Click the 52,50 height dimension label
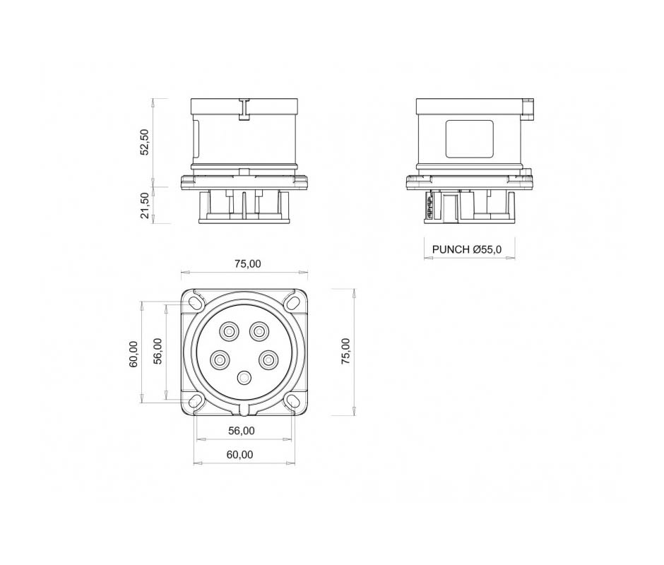144,142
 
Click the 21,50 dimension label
144,206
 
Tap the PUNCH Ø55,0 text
467,249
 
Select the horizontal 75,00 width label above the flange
248,264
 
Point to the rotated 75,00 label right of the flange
345,352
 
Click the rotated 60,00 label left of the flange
134,354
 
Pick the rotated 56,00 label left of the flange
158,351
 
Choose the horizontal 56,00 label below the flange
242,431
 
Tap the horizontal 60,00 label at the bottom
239,454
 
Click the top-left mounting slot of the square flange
196,303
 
